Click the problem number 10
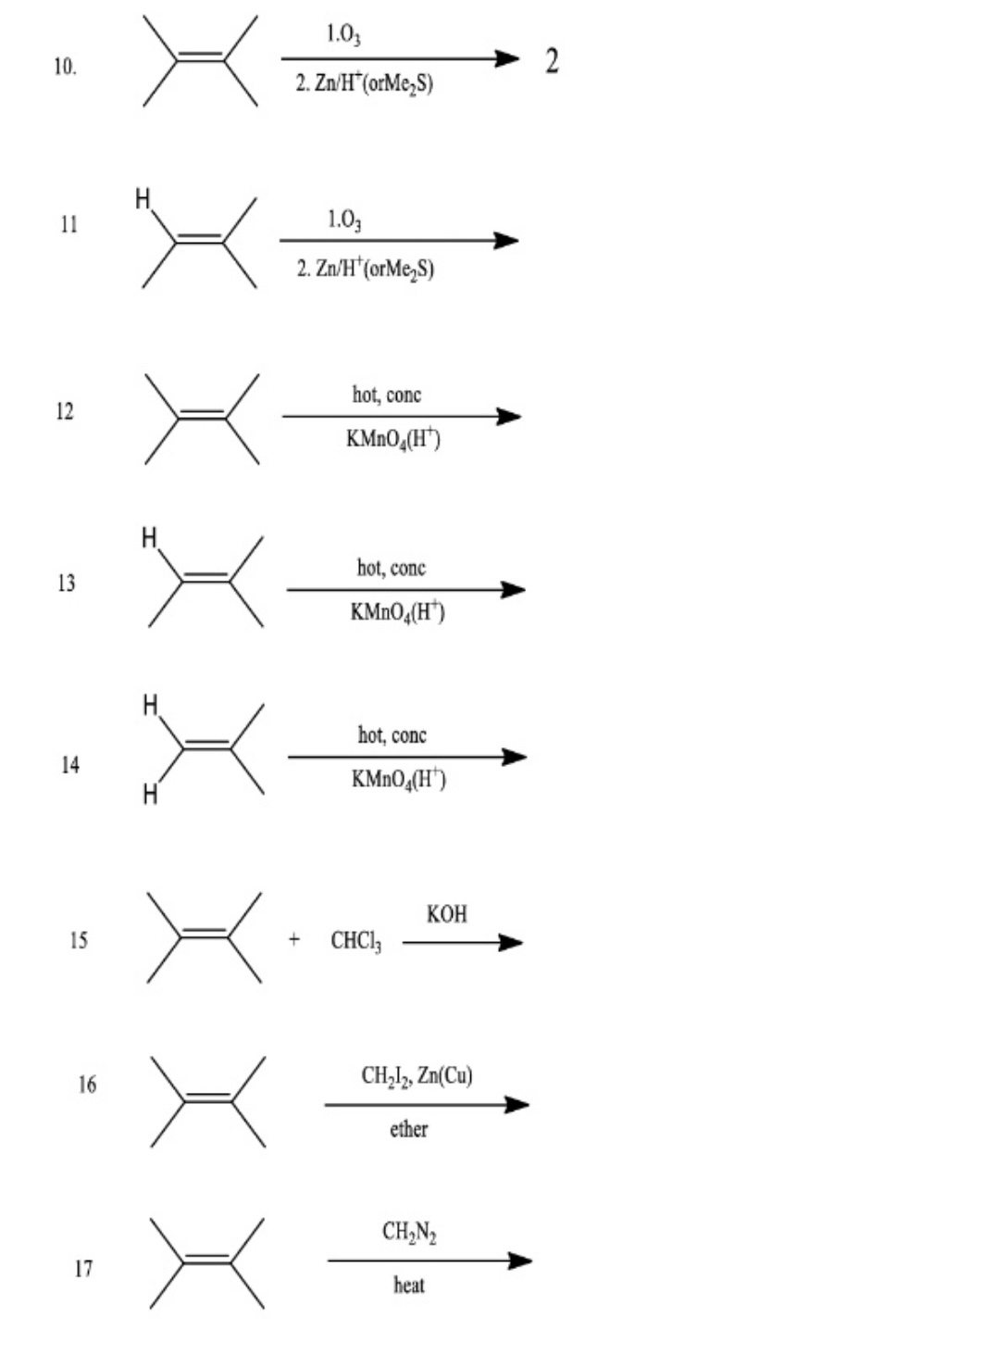coord(65,67)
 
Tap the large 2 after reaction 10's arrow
coord(552,61)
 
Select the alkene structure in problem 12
coord(202,419)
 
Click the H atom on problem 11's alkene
coord(143,199)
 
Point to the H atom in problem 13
coord(149,538)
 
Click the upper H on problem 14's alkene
coord(150,706)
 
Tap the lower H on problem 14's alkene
coord(150,795)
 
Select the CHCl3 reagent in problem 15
coord(355,942)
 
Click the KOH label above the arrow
coord(447,914)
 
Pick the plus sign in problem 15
coord(294,940)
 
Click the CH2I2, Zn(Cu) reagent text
coord(417,1075)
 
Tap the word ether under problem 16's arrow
coord(408,1129)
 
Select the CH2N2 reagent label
coord(409,1232)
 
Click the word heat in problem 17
coord(408,1285)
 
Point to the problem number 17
coord(83,1268)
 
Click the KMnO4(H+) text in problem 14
coord(398,780)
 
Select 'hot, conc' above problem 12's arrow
coord(386,395)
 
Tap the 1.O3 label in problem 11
coord(344,220)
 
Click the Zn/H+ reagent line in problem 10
coord(364,84)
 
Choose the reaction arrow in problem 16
coord(426,1104)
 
